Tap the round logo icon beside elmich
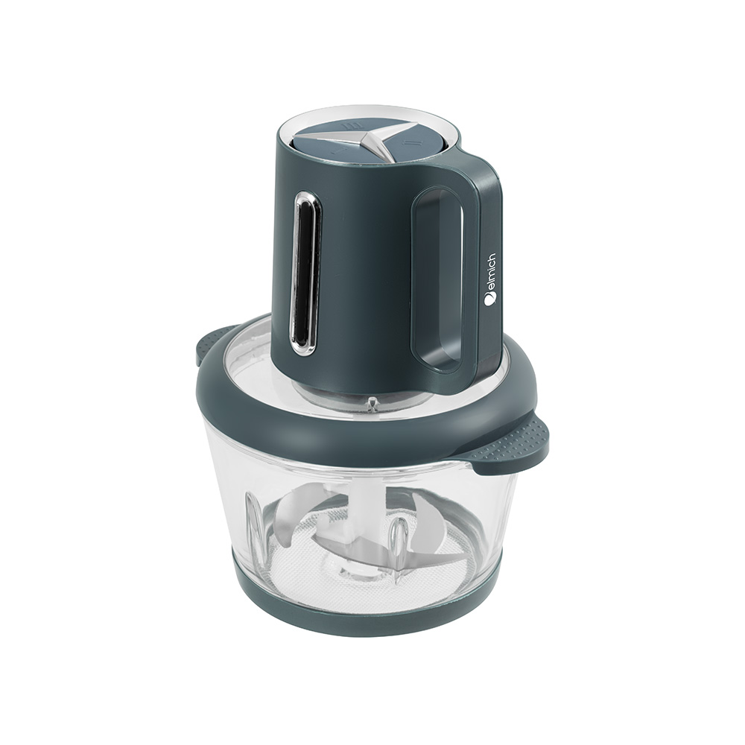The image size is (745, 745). (489, 299)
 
